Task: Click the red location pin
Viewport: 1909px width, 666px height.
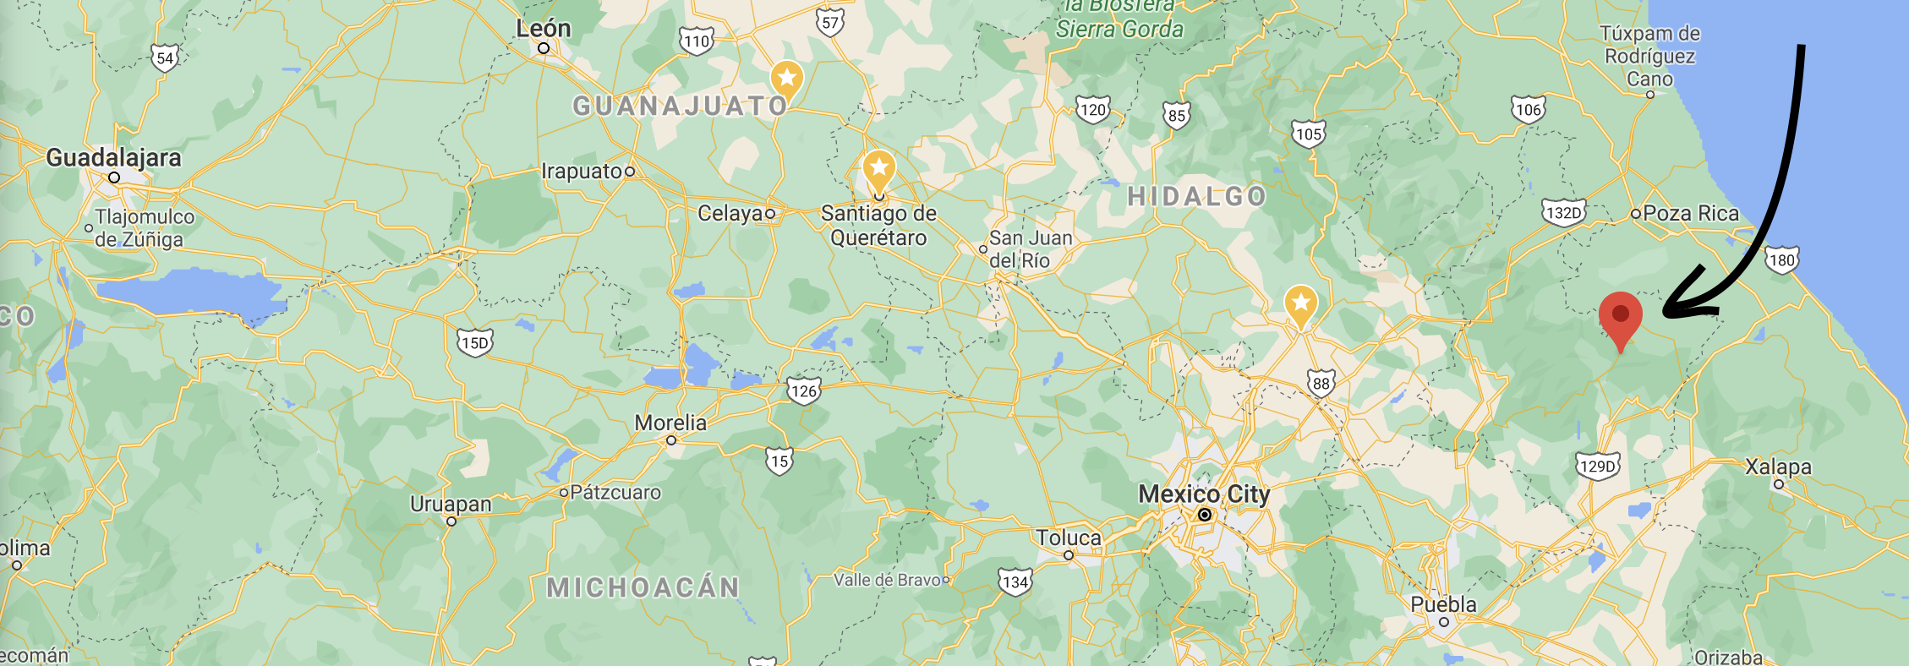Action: tap(1620, 317)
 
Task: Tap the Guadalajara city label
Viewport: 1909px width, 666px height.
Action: tap(113, 158)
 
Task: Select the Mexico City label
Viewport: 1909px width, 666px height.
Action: tap(1204, 494)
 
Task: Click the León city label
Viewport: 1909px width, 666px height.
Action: tap(544, 29)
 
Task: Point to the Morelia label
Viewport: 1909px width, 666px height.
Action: tap(670, 423)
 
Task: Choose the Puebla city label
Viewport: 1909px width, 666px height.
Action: tap(1443, 604)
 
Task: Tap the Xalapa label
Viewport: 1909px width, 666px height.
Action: tap(1778, 467)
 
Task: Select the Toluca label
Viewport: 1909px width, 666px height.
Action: tap(1069, 538)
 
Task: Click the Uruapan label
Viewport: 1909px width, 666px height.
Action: tap(451, 504)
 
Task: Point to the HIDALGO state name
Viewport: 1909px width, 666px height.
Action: tap(1196, 197)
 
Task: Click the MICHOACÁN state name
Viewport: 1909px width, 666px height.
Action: tap(643, 587)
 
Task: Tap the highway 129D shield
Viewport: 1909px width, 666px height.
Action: tap(1597, 466)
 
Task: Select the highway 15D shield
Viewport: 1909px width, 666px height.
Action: tap(474, 343)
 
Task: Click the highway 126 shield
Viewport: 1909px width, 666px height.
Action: tap(803, 390)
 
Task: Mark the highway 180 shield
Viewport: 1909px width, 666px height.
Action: tap(1781, 260)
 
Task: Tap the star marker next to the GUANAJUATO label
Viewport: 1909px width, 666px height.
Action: tap(786, 79)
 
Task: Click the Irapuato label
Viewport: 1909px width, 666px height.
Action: tap(582, 172)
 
